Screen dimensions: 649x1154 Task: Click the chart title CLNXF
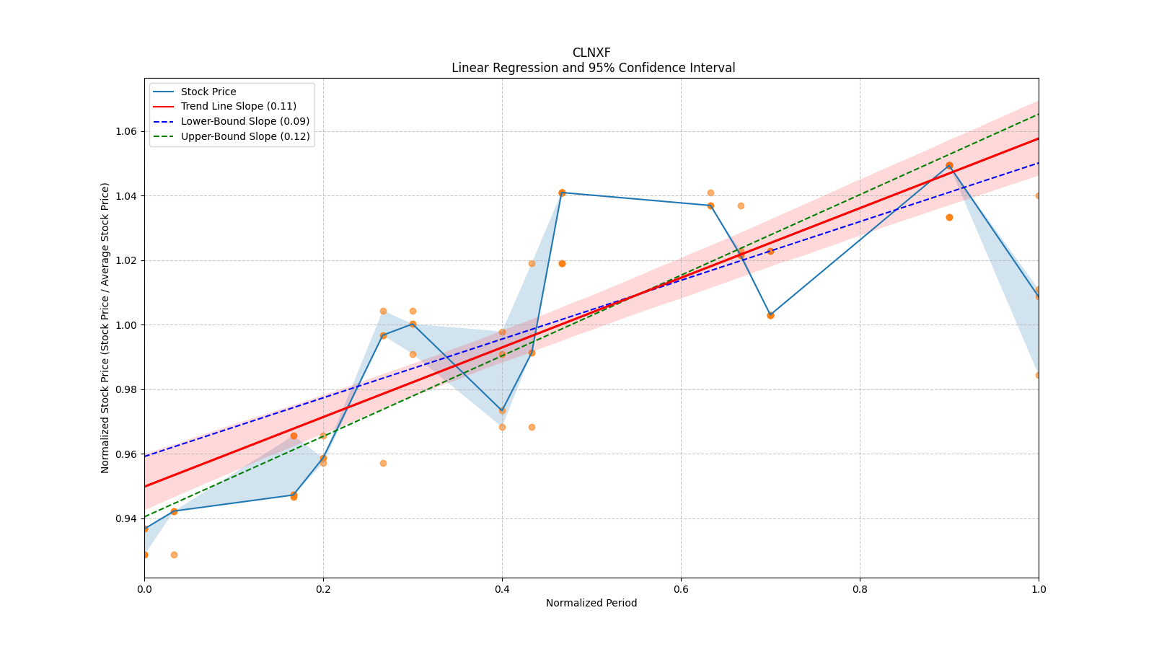[x=591, y=53]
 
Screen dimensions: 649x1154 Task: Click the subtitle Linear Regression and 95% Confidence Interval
[x=593, y=68]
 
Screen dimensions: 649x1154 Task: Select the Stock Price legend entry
[x=208, y=92]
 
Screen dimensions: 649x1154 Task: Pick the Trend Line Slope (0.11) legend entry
[x=238, y=106]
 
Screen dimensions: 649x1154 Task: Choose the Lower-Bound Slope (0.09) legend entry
[x=245, y=121]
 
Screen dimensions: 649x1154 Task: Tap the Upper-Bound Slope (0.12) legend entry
[x=245, y=136]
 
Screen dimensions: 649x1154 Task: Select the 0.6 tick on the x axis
[x=681, y=589]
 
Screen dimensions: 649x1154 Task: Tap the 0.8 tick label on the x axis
[x=860, y=589]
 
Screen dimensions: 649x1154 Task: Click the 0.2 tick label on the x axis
[x=323, y=589]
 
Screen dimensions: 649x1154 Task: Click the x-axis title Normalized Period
[x=591, y=603]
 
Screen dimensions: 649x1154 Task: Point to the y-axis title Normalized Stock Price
[x=105, y=327]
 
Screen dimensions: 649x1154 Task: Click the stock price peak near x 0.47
[x=562, y=193]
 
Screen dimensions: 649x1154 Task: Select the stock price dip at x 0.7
[x=770, y=315]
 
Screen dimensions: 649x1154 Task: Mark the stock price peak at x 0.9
[x=949, y=165]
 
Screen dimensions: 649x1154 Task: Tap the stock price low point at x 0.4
[x=502, y=411]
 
